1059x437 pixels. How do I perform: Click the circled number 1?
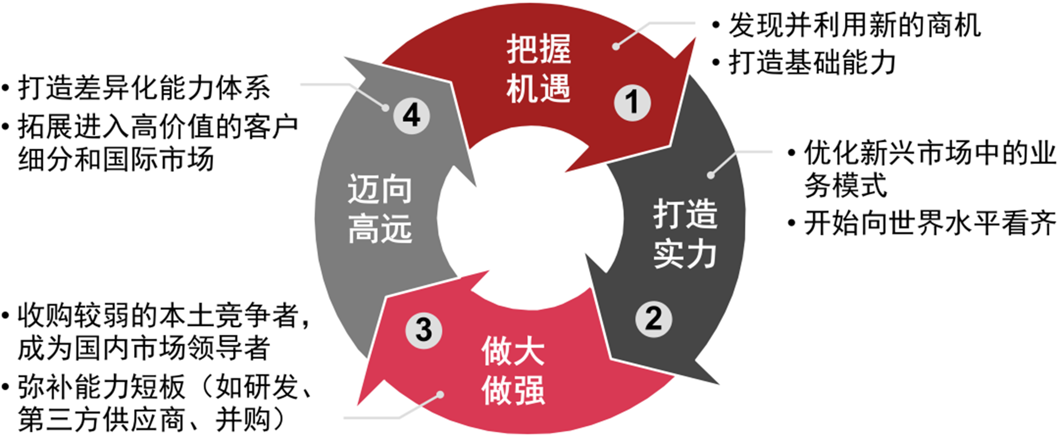(632, 103)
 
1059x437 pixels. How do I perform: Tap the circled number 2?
(653, 319)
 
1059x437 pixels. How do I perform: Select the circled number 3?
(424, 329)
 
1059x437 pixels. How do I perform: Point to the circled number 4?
(411, 115)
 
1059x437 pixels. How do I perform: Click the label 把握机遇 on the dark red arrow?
(538, 69)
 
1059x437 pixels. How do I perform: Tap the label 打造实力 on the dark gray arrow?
(685, 233)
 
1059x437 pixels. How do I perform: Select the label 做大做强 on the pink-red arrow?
(513, 370)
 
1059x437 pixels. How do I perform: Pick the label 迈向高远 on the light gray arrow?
(379, 209)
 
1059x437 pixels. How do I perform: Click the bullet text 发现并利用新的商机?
(854, 26)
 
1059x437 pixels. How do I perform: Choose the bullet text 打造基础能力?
(812, 62)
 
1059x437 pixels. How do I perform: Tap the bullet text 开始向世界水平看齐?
(930, 223)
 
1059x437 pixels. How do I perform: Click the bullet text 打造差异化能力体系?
(144, 88)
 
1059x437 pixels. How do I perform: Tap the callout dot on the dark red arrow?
(616, 46)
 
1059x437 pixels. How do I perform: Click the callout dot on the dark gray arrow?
(711, 175)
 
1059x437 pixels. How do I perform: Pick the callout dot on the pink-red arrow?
(440, 395)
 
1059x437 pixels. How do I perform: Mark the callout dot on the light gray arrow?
(385, 108)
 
